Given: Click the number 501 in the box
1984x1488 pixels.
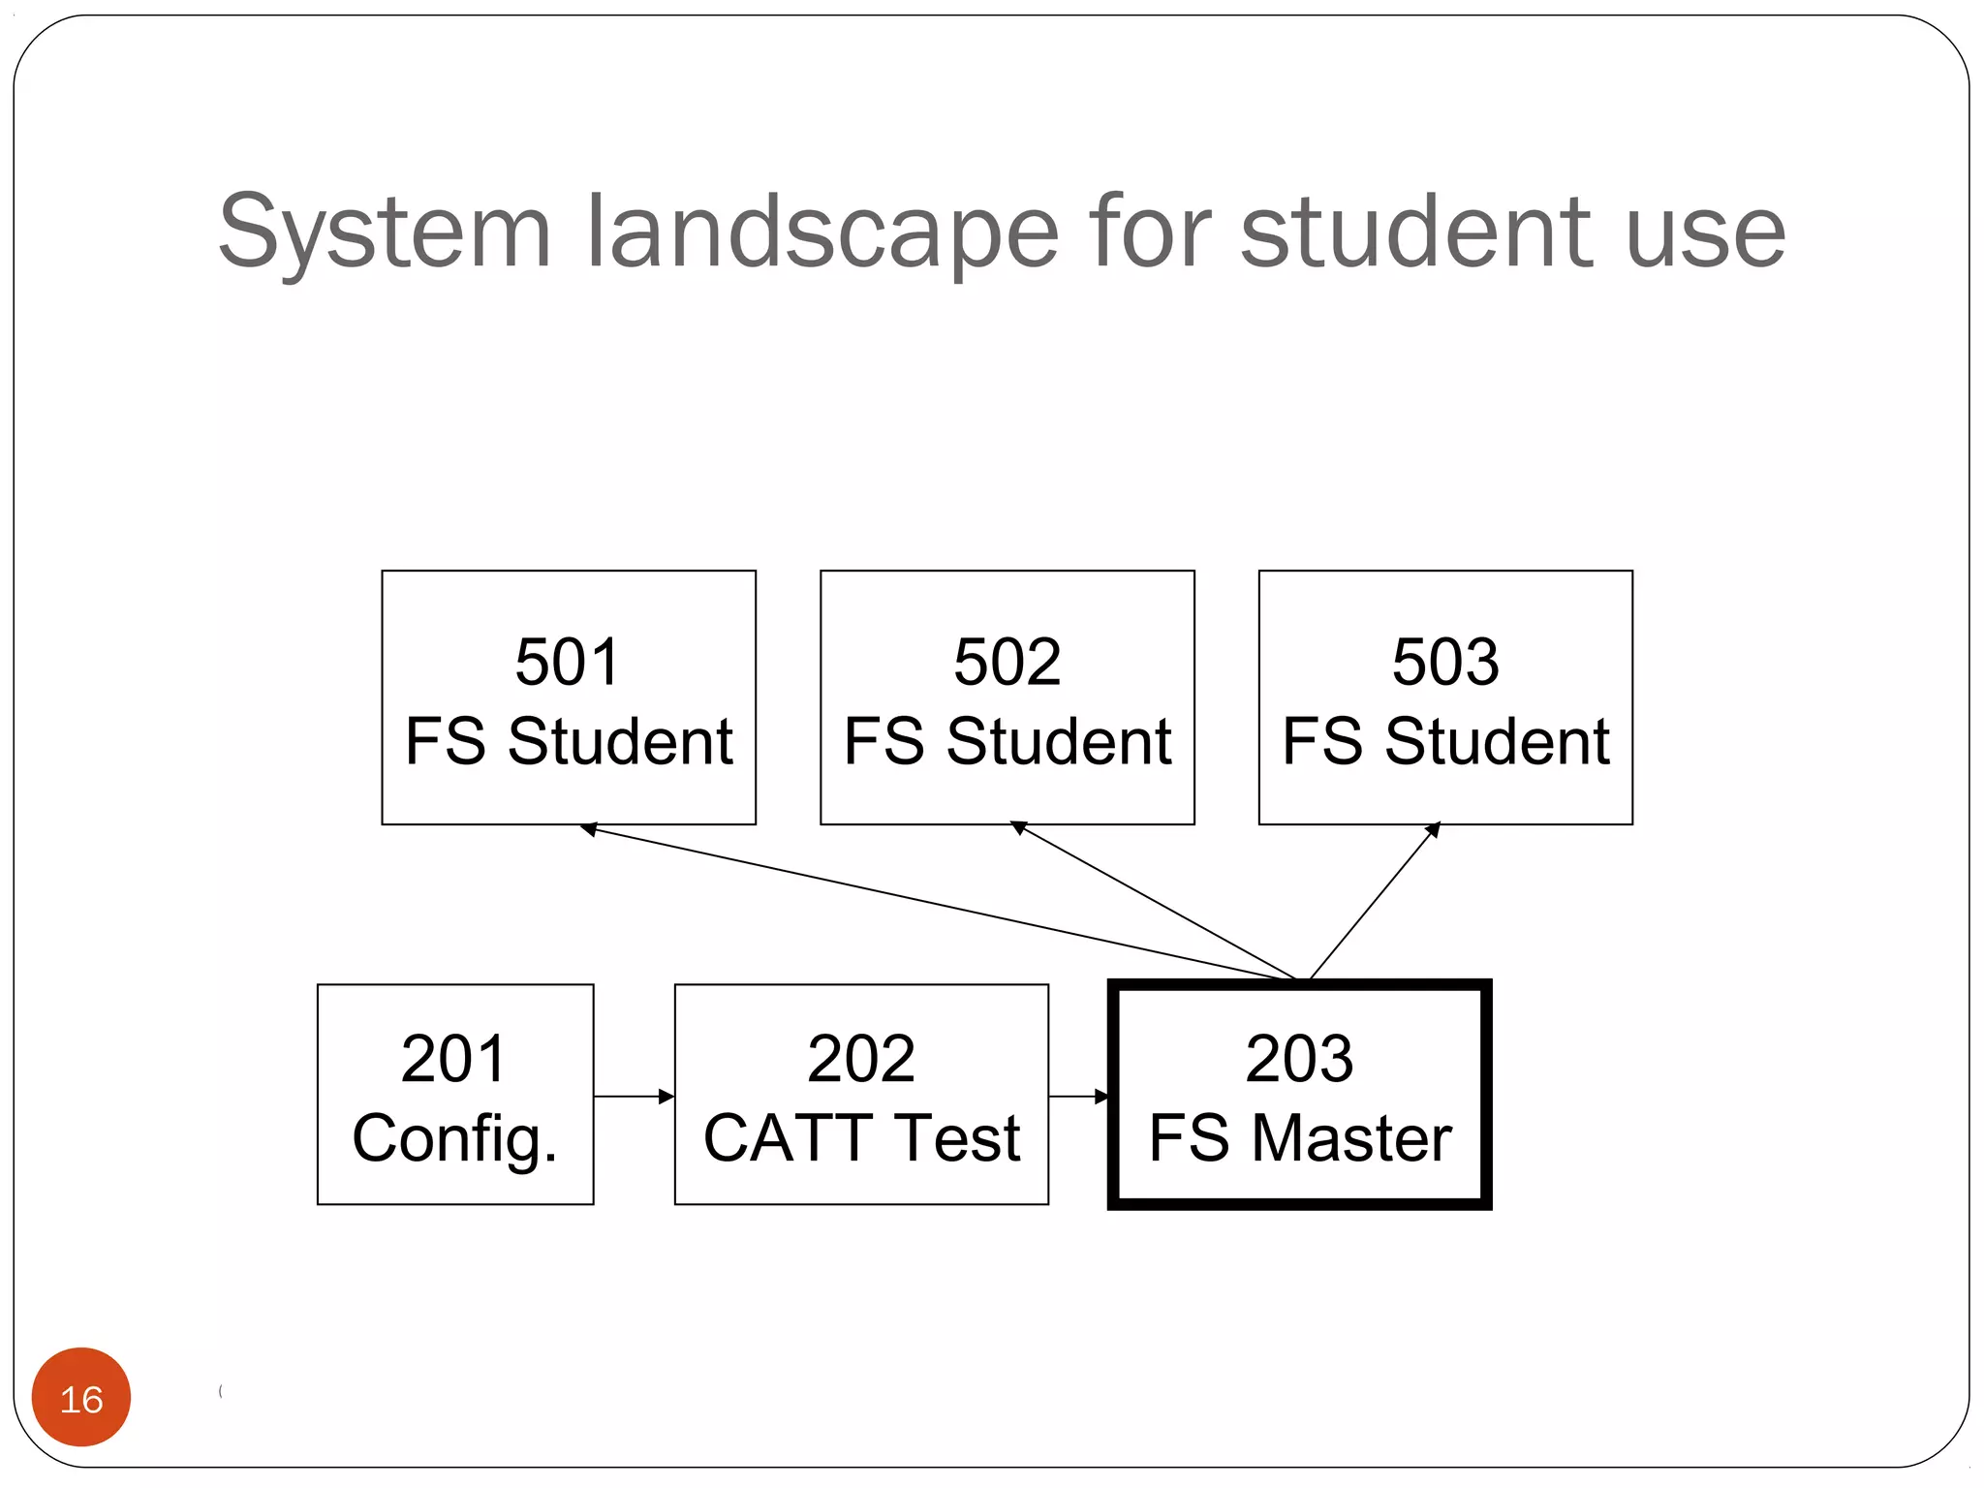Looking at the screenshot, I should [567, 663].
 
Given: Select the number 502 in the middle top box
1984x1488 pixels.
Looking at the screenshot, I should [1007, 663].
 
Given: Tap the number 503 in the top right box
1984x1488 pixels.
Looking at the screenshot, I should [1445, 663].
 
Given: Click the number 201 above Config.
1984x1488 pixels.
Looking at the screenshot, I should [453, 1058].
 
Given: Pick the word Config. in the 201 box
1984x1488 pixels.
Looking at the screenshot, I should [454, 1138].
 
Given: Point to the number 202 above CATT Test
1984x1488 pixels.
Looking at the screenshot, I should [860, 1058].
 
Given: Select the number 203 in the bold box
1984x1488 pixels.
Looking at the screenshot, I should [1299, 1058].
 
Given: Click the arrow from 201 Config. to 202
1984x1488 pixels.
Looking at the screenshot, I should [634, 1097].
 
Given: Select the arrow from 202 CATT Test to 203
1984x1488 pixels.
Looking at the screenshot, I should [1077, 1097].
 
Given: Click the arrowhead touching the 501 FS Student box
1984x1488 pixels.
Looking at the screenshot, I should [588, 829].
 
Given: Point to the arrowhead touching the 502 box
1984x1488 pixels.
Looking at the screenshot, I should [1018, 827].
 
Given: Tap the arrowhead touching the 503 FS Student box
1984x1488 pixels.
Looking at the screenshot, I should [1433, 830].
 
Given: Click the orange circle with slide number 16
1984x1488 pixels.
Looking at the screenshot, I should [81, 1397].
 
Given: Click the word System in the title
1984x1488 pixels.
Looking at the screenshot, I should [385, 232].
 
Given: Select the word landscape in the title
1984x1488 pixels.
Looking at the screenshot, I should [823, 232].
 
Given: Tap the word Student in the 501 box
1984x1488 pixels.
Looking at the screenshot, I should [620, 742].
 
